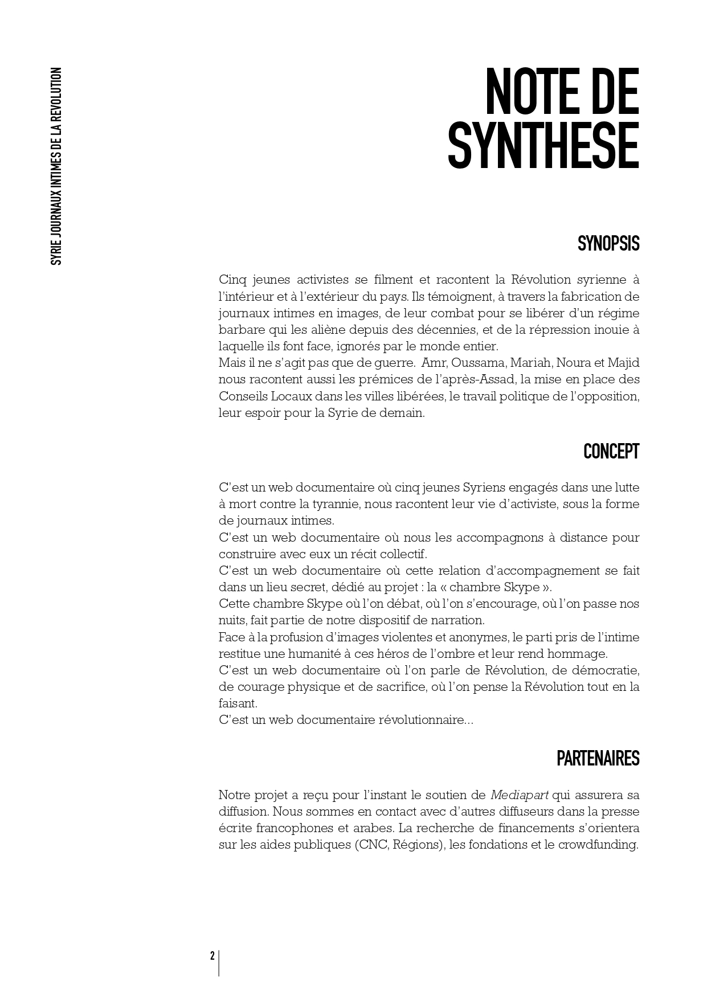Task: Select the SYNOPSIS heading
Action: click(608, 244)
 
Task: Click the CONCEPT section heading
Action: click(611, 452)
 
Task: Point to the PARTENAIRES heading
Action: click(598, 759)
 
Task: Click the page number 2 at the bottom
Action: click(212, 956)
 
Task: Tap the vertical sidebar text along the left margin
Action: click(56, 166)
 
